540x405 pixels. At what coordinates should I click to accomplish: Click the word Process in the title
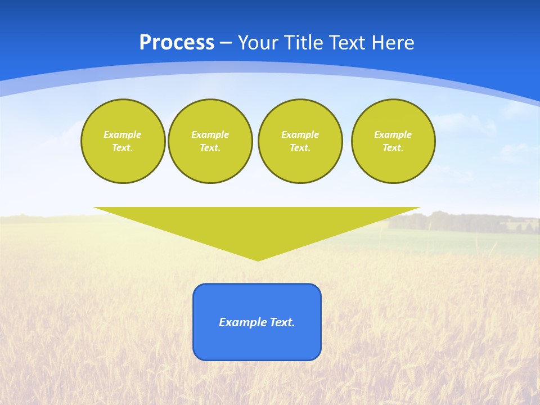coord(177,43)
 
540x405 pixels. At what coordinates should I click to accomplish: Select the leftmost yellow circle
coord(123,141)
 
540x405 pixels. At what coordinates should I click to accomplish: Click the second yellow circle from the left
coord(210,141)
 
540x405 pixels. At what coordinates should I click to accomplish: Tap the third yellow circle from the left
coord(300,141)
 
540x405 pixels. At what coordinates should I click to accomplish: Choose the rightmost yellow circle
coord(393,141)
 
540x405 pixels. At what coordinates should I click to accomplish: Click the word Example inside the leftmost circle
coord(123,134)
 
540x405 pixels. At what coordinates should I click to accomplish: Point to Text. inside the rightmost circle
coord(393,148)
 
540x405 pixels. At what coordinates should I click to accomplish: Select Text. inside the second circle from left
coord(210,148)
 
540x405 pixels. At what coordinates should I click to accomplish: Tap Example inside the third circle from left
coord(300,134)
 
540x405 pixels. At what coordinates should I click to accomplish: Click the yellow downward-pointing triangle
coord(257,225)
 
